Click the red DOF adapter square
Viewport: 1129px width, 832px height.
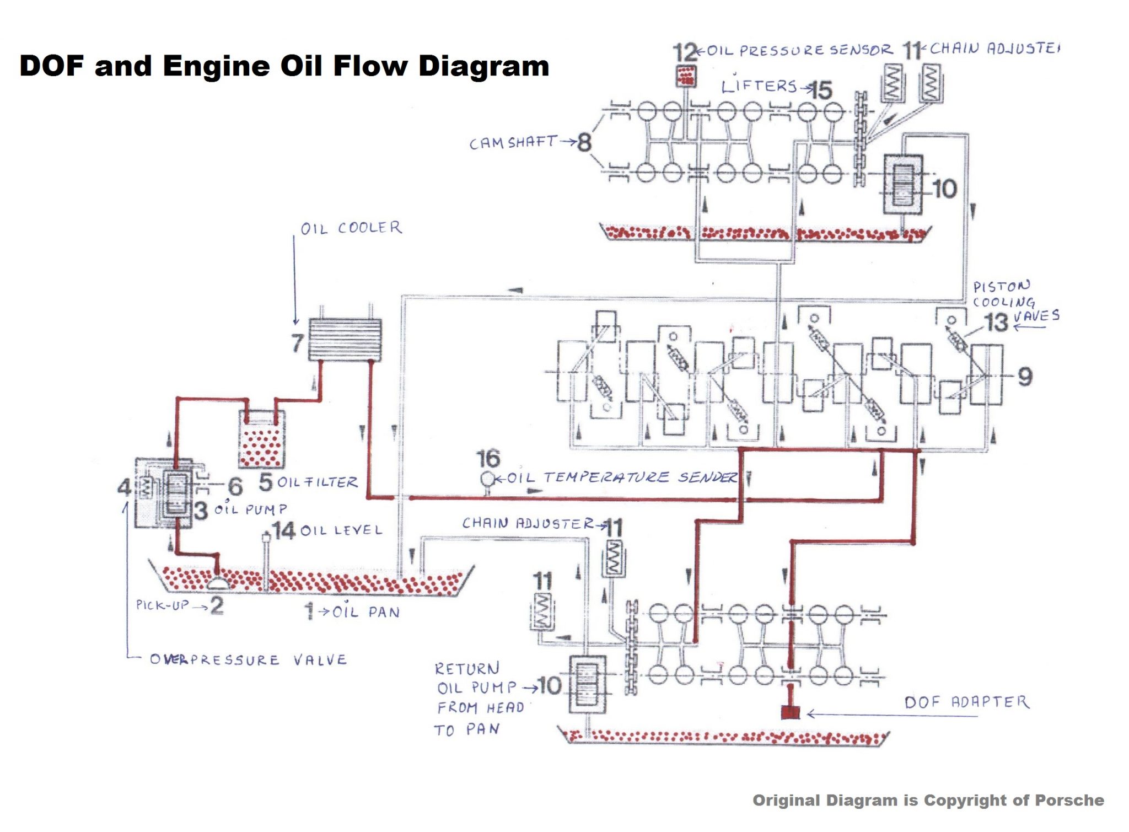791,712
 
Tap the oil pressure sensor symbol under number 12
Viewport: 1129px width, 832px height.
686,76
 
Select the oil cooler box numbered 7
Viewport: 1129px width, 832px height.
345,340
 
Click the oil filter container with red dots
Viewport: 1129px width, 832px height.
262,439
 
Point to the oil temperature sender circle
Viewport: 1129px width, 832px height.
487,479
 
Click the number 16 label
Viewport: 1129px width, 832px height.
488,458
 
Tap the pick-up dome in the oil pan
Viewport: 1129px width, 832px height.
218,582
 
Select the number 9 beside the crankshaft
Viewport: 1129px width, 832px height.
1024,377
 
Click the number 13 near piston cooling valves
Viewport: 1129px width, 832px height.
996,323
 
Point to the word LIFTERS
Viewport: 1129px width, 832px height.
759,86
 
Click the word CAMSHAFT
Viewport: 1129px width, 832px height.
513,143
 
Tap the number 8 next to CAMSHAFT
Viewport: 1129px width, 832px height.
584,142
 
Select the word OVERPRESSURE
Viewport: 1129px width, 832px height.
214,659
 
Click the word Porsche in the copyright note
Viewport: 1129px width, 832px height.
1069,800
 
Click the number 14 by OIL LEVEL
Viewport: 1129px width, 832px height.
284,530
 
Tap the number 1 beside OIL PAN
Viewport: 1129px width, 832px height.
309,611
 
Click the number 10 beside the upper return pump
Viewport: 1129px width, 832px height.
944,189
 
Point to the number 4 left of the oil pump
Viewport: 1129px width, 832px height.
124,487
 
